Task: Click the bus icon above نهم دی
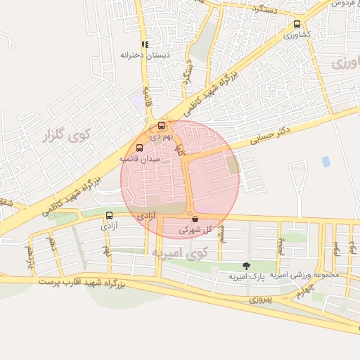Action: [x=161, y=127]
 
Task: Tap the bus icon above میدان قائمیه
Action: [x=139, y=148]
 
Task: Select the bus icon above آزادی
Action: [x=108, y=215]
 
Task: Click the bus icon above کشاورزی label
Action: [x=297, y=24]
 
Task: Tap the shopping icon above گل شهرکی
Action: [x=194, y=219]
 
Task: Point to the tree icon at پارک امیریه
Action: [x=245, y=265]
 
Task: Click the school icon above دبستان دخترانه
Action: [x=145, y=44]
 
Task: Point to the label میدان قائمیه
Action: [x=140, y=160]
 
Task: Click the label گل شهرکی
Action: [x=195, y=229]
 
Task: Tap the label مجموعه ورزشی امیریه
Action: [x=304, y=274]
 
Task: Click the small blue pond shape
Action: [x=326, y=162]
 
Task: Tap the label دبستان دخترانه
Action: [x=136, y=54]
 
